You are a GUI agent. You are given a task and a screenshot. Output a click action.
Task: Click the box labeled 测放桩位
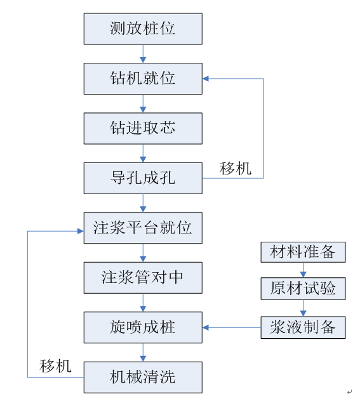tap(143, 29)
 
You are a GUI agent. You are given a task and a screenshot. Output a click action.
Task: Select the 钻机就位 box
tap(143, 79)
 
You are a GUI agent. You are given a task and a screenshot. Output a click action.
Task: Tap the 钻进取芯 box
tap(143, 128)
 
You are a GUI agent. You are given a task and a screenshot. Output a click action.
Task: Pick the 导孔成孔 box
tap(143, 178)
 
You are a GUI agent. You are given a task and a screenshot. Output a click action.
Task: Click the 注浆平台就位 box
tap(143, 228)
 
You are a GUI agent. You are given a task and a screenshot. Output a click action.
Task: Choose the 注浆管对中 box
tap(143, 278)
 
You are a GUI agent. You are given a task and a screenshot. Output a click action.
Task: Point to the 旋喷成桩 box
tap(143, 327)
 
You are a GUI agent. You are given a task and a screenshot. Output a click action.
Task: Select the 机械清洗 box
tap(143, 378)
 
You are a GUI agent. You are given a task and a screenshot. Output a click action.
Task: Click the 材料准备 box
tap(303, 252)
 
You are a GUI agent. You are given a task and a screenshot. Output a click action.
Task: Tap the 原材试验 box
tap(303, 289)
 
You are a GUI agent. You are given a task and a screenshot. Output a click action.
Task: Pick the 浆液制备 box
tap(303, 327)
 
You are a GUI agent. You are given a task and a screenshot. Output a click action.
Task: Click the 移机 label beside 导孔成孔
tap(235, 169)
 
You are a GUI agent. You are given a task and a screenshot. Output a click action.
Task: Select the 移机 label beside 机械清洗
tap(55, 366)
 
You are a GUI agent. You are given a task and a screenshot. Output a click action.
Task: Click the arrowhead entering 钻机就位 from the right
tap(206, 79)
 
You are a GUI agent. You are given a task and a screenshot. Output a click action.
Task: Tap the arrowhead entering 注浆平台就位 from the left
tap(81, 231)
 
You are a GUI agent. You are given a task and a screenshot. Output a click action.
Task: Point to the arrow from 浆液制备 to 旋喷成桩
tap(232, 327)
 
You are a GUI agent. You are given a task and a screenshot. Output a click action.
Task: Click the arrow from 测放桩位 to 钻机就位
tap(143, 54)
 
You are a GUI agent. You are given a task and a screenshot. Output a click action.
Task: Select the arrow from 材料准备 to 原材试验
tap(303, 270)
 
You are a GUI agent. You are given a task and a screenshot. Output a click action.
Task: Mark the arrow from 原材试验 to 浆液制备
tap(303, 308)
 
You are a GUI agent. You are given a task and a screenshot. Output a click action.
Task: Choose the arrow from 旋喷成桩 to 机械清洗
tap(143, 352)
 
